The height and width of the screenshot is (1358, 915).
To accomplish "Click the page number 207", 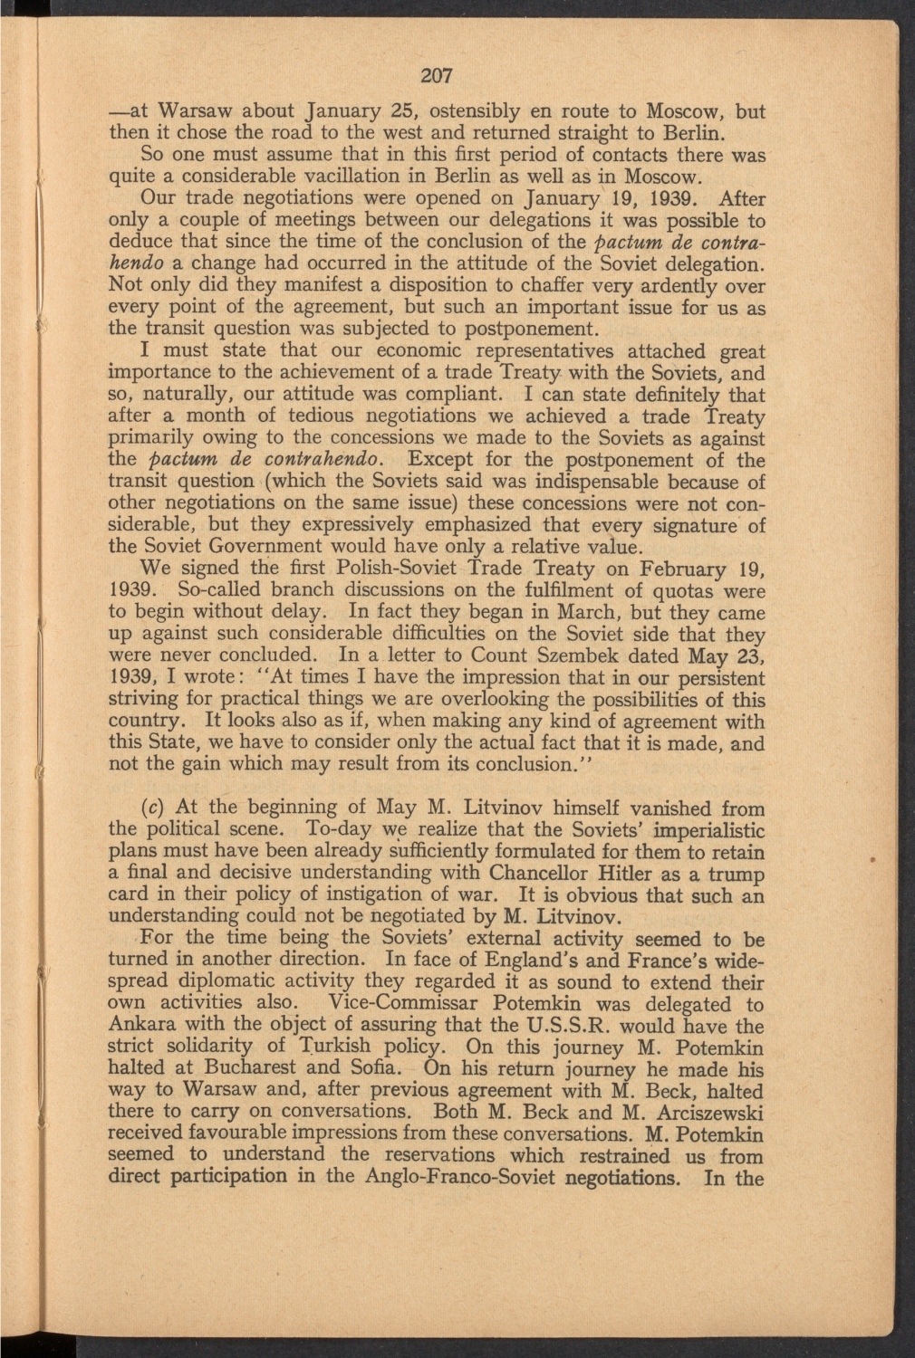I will point(437,75).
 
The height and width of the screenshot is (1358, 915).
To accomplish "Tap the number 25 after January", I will point(380,110).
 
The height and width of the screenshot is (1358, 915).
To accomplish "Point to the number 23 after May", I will point(752,655).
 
